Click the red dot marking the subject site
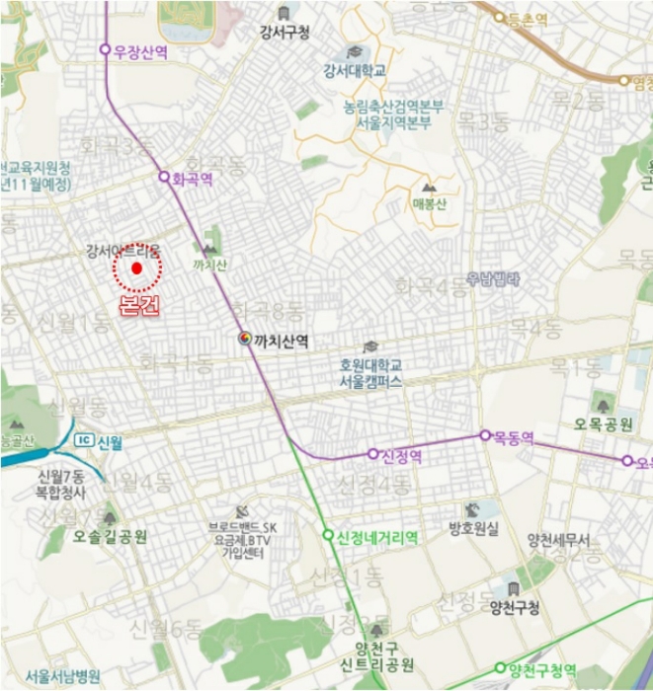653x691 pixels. (x=137, y=268)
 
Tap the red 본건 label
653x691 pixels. (x=137, y=304)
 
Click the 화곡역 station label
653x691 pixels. (x=193, y=180)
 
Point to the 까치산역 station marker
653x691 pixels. (x=244, y=339)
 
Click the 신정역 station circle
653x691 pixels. (x=373, y=454)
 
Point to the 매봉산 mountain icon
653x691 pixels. (x=429, y=187)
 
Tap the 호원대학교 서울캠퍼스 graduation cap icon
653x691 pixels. (x=370, y=346)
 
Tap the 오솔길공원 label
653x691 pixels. (x=110, y=538)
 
